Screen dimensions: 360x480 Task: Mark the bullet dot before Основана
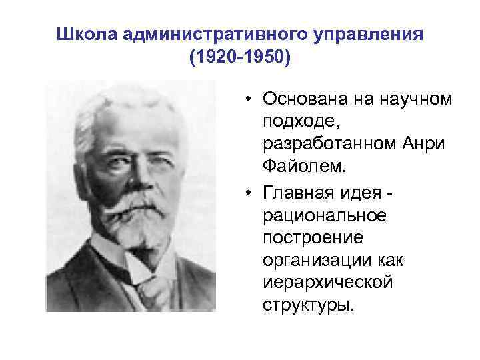[x=247, y=100]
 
